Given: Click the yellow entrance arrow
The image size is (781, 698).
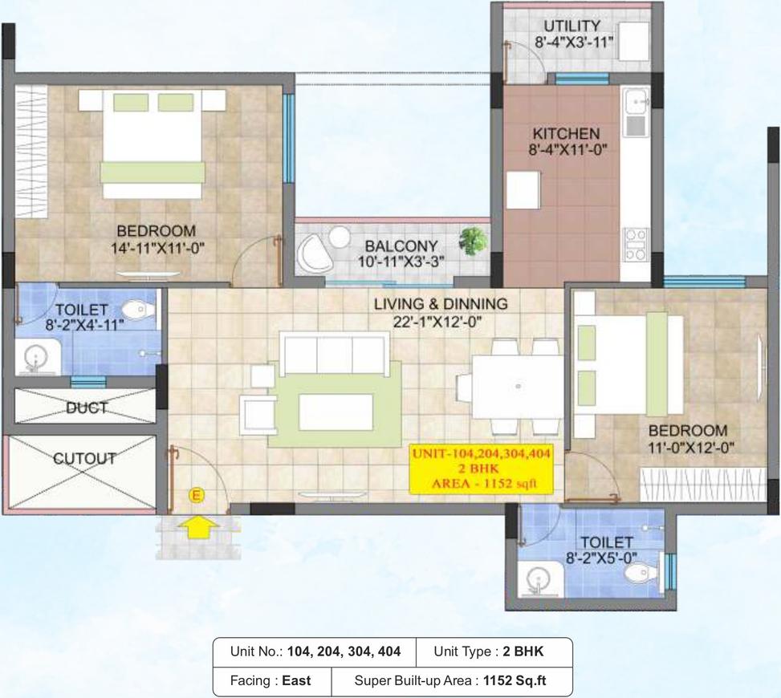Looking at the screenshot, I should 198,527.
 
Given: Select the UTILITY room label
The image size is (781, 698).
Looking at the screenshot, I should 571,26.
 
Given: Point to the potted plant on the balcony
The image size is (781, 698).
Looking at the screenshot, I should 472,239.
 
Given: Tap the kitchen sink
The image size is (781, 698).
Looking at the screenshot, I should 637,102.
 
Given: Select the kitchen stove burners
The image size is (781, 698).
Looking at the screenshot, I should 636,244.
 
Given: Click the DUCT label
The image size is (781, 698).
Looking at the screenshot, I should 86,408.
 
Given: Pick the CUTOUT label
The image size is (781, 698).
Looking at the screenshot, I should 83,459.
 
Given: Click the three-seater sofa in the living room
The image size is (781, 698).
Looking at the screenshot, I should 332,354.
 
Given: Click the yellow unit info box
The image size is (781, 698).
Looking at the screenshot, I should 482,469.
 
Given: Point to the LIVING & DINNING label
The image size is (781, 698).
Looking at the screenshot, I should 441,304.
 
